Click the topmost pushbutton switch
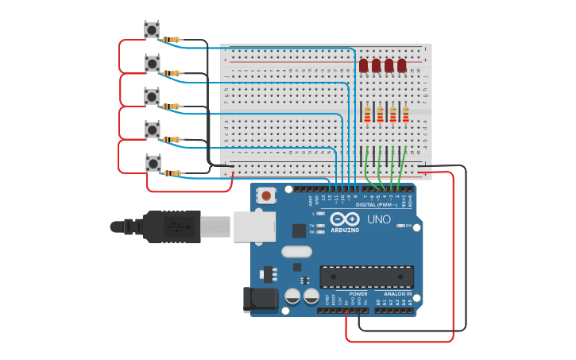152,30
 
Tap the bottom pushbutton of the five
153,164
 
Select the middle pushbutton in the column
152,96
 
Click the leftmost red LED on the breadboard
364,65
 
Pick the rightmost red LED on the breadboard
402,65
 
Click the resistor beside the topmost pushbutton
172,40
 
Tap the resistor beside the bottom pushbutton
172,173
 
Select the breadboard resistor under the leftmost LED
367,115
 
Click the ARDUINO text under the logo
345,230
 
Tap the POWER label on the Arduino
358,293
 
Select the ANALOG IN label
393,293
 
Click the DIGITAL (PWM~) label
377,204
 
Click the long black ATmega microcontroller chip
366,277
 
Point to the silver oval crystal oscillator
296,252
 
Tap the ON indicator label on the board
409,226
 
